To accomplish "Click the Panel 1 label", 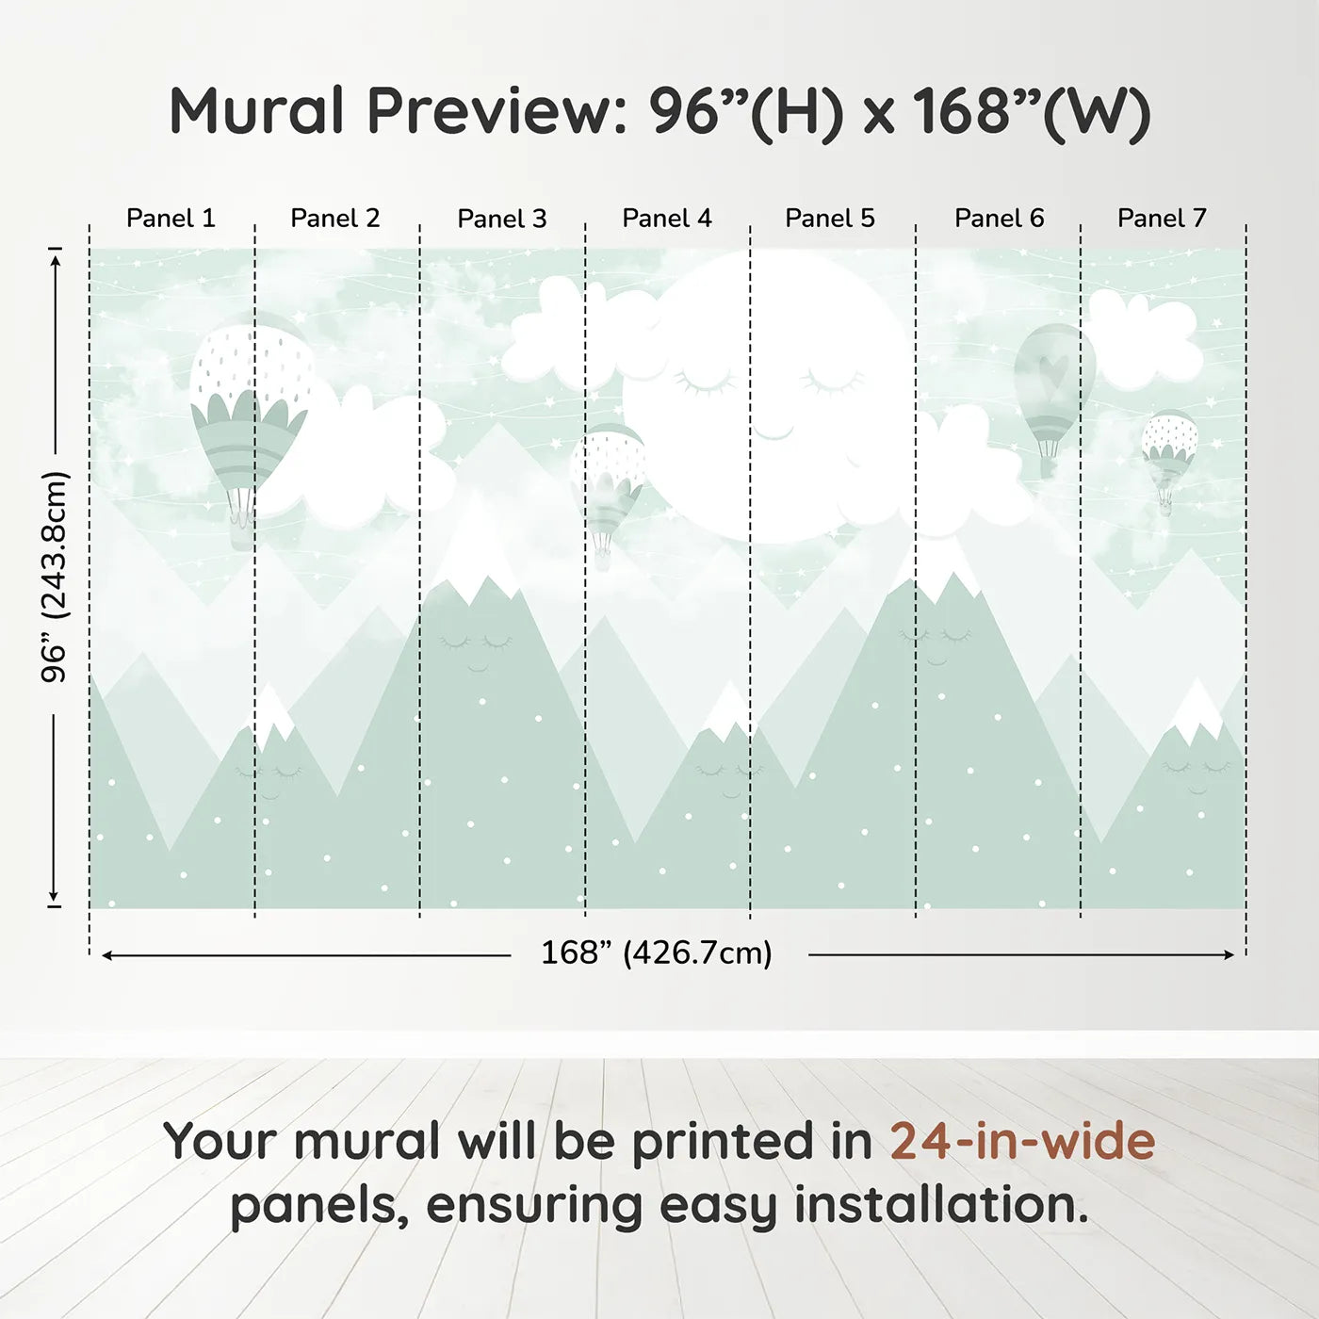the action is point(171,219).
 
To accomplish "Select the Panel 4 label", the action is point(667,219).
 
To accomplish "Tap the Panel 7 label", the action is point(1162,219).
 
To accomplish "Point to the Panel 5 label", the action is point(830,219).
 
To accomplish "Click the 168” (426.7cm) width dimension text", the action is point(657,953).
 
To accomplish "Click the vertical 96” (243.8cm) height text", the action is point(54,577).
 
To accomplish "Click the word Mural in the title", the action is point(256,111).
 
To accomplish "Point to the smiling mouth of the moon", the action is point(773,432).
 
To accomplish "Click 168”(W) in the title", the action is point(1033,111).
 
